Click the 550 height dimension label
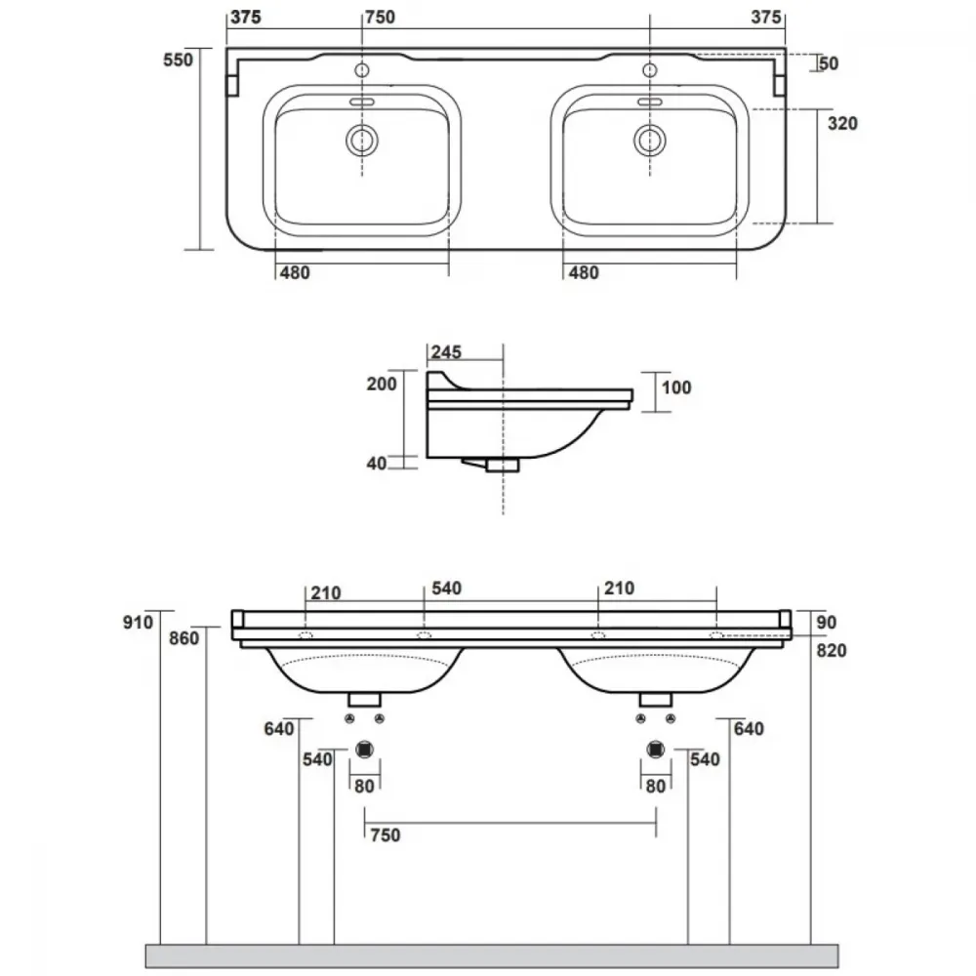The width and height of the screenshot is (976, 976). click(178, 60)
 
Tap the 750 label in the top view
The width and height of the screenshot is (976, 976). click(380, 17)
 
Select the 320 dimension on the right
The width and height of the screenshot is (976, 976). click(842, 123)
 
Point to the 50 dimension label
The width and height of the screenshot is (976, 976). click(829, 62)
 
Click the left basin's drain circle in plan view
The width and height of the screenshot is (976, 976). click(362, 140)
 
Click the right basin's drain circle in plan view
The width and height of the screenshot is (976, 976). click(649, 140)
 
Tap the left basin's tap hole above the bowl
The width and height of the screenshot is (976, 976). click(362, 70)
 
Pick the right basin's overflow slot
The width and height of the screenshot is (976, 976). click(649, 102)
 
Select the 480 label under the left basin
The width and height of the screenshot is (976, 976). click(295, 272)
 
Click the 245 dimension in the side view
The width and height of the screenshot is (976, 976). click(446, 351)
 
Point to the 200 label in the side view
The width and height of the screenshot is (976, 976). click(382, 384)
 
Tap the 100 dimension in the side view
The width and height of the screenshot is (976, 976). click(676, 387)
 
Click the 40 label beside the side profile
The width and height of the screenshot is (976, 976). click(377, 463)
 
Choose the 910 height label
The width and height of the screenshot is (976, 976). click(138, 622)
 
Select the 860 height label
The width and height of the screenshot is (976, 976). click(183, 638)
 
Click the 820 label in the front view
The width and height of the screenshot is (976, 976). click(831, 650)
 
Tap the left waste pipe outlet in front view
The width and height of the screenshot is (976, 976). click(364, 750)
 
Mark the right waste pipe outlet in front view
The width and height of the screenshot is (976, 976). click(656, 750)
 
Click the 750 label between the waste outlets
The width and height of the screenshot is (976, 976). click(386, 834)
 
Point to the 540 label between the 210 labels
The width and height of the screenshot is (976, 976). click(446, 589)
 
